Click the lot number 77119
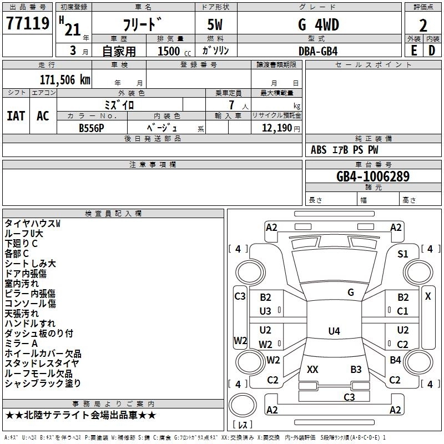(28, 25)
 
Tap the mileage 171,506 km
(65, 79)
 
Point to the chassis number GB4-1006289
(373, 177)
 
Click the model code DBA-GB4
(317, 51)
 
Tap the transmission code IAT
(16, 115)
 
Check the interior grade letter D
(432, 51)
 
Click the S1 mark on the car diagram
(403, 254)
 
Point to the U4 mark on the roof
(334, 331)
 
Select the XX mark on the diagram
(312, 369)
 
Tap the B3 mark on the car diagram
(356, 369)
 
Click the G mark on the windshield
(350, 292)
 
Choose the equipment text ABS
(319, 150)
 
